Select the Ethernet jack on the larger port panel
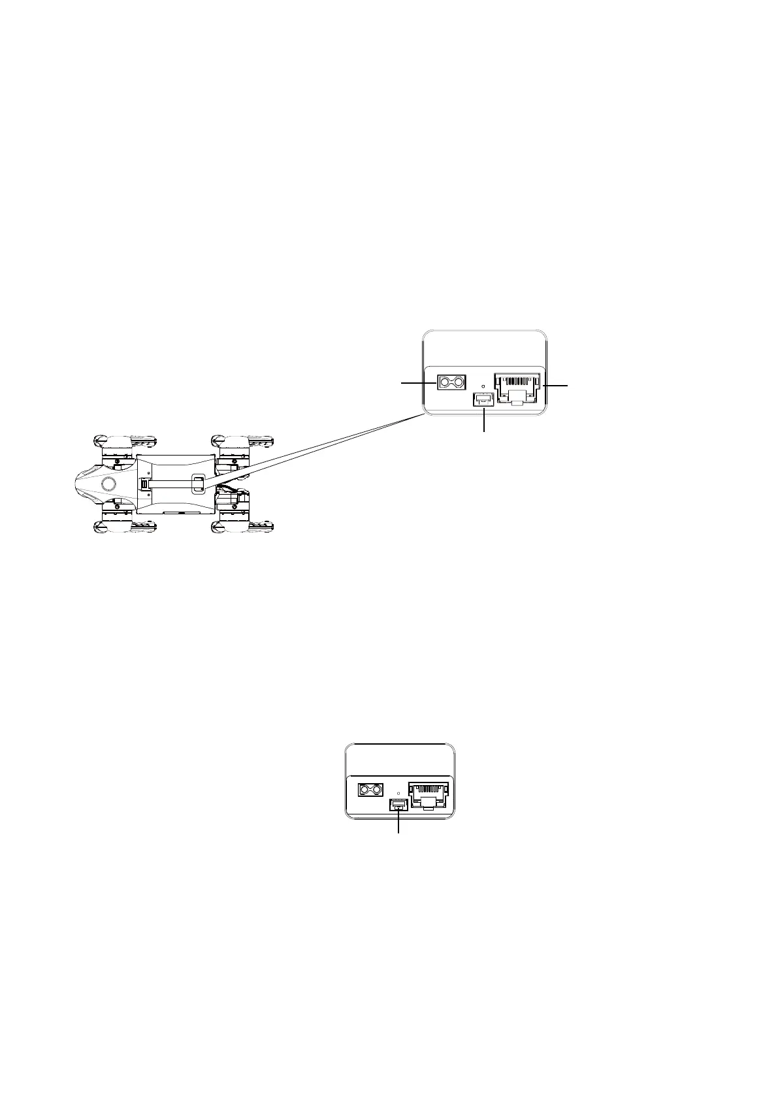tap(519, 389)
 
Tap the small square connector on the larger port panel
tap(483, 399)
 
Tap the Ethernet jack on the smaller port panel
tap(429, 795)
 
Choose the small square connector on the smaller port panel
tap(398, 805)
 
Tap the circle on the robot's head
tap(108, 484)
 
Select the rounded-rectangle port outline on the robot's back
tap(197, 484)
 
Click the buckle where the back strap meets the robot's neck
tap(144, 485)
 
